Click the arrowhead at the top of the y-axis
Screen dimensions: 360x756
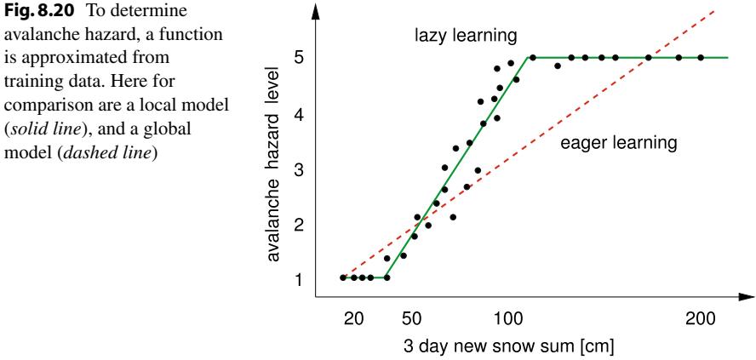tap(317, 10)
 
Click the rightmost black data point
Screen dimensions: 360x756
tap(701, 58)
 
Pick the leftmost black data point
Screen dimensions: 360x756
tap(343, 277)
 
